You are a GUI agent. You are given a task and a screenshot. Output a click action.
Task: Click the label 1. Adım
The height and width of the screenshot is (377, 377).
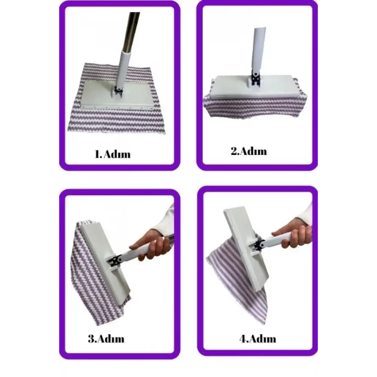click(112, 154)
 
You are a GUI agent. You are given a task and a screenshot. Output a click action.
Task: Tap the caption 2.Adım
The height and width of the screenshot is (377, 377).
click(249, 151)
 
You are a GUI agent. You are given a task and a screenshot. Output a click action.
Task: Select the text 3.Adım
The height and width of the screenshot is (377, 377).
click(106, 339)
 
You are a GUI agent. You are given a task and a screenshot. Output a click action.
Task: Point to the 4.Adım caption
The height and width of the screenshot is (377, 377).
click(258, 339)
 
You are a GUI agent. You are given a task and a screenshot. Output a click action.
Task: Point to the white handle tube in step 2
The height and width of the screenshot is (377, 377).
click(259, 49)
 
